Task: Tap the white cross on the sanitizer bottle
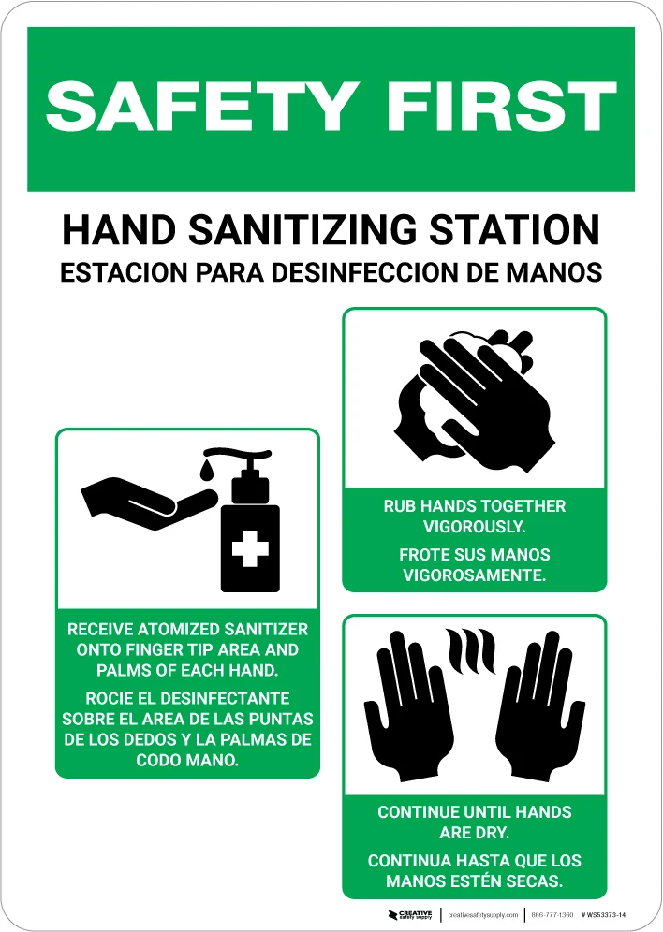250,547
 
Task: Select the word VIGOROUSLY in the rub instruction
474,527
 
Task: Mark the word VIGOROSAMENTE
474,575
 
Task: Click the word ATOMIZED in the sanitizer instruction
169,629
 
